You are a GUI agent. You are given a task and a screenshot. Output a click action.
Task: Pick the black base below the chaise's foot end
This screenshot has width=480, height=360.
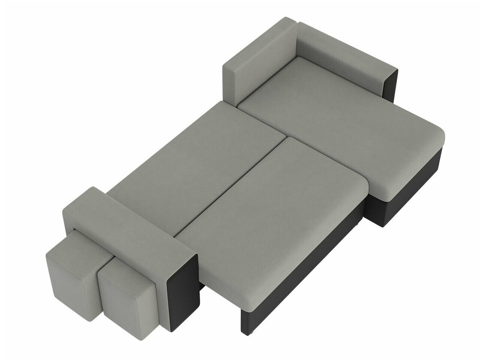pyautogui.click(x=404, y=187)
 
